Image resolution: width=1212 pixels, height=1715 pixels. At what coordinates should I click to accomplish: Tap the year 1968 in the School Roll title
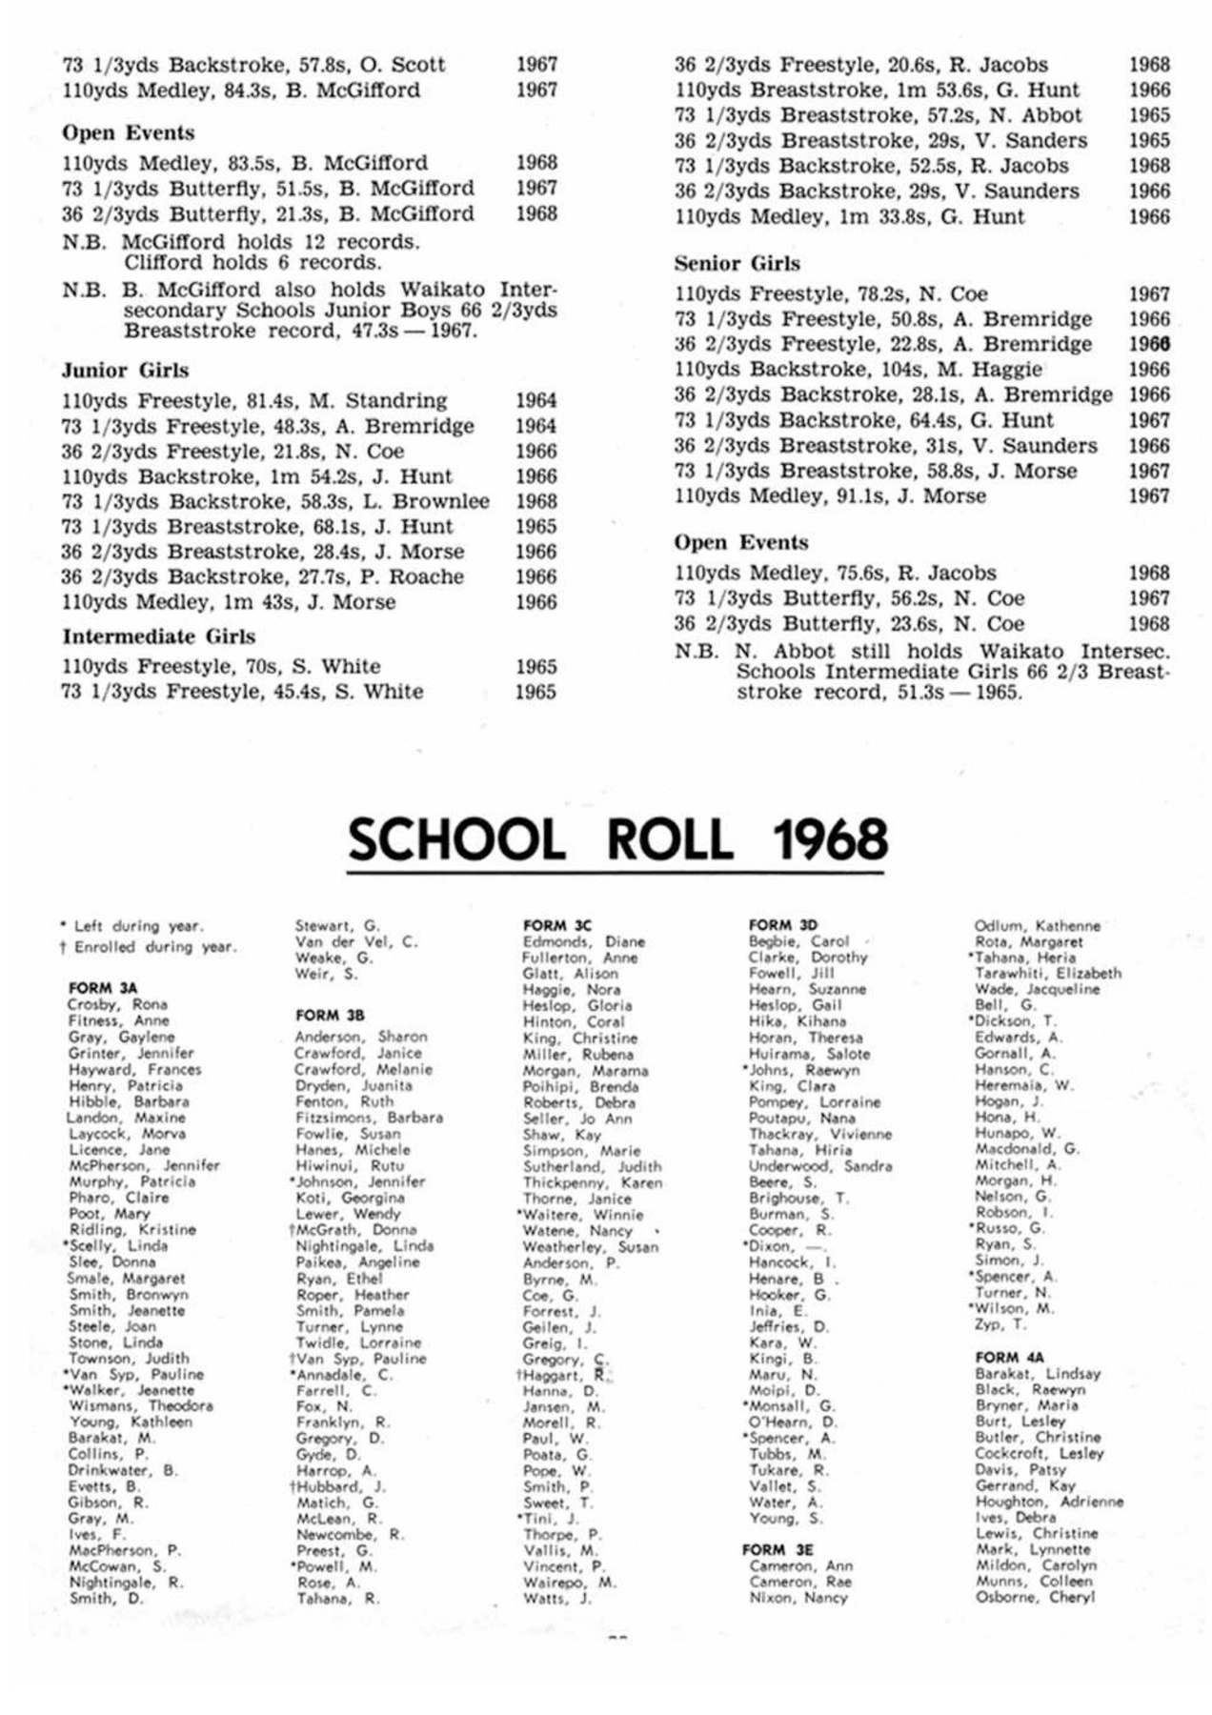pyautogui.click(x=830, y=839)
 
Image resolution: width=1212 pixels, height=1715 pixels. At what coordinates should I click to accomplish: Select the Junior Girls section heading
pyautogui.click(x=126, y=371)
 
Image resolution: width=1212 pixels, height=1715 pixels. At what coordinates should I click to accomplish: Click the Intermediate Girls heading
pyautogui.click(x=159, y=636)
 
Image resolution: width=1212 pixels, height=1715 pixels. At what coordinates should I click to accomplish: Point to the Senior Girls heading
pyautogui.click(x=737, y=264)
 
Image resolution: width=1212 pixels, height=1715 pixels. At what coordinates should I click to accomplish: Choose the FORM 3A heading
pyautogui.click(x=103, y=988)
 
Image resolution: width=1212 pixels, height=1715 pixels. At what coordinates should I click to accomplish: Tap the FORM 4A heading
pyautogui.click(x=1010, y=1357)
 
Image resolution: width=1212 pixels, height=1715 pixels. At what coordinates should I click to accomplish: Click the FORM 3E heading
pyautogui.click(x=778, y=1549)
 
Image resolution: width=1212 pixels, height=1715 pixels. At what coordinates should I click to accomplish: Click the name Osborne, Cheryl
pyautogui.click(x=1035, y=1597)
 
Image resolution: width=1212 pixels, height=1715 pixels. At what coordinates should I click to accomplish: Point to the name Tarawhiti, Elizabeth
pyautogui.click(x=1048, y=973)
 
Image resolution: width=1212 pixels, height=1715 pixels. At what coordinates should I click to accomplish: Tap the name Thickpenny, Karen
pyautogui.click(x=593, y=1182)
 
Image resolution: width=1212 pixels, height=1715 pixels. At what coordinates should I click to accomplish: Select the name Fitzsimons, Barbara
pyautogui.click(x=369, y=1117)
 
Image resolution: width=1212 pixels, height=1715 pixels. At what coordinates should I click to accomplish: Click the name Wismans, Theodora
pyautogui.click(x=141, y=1405)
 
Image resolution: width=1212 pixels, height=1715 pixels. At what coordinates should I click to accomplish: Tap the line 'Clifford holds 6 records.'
pyautogui.click(x=252, y=262)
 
